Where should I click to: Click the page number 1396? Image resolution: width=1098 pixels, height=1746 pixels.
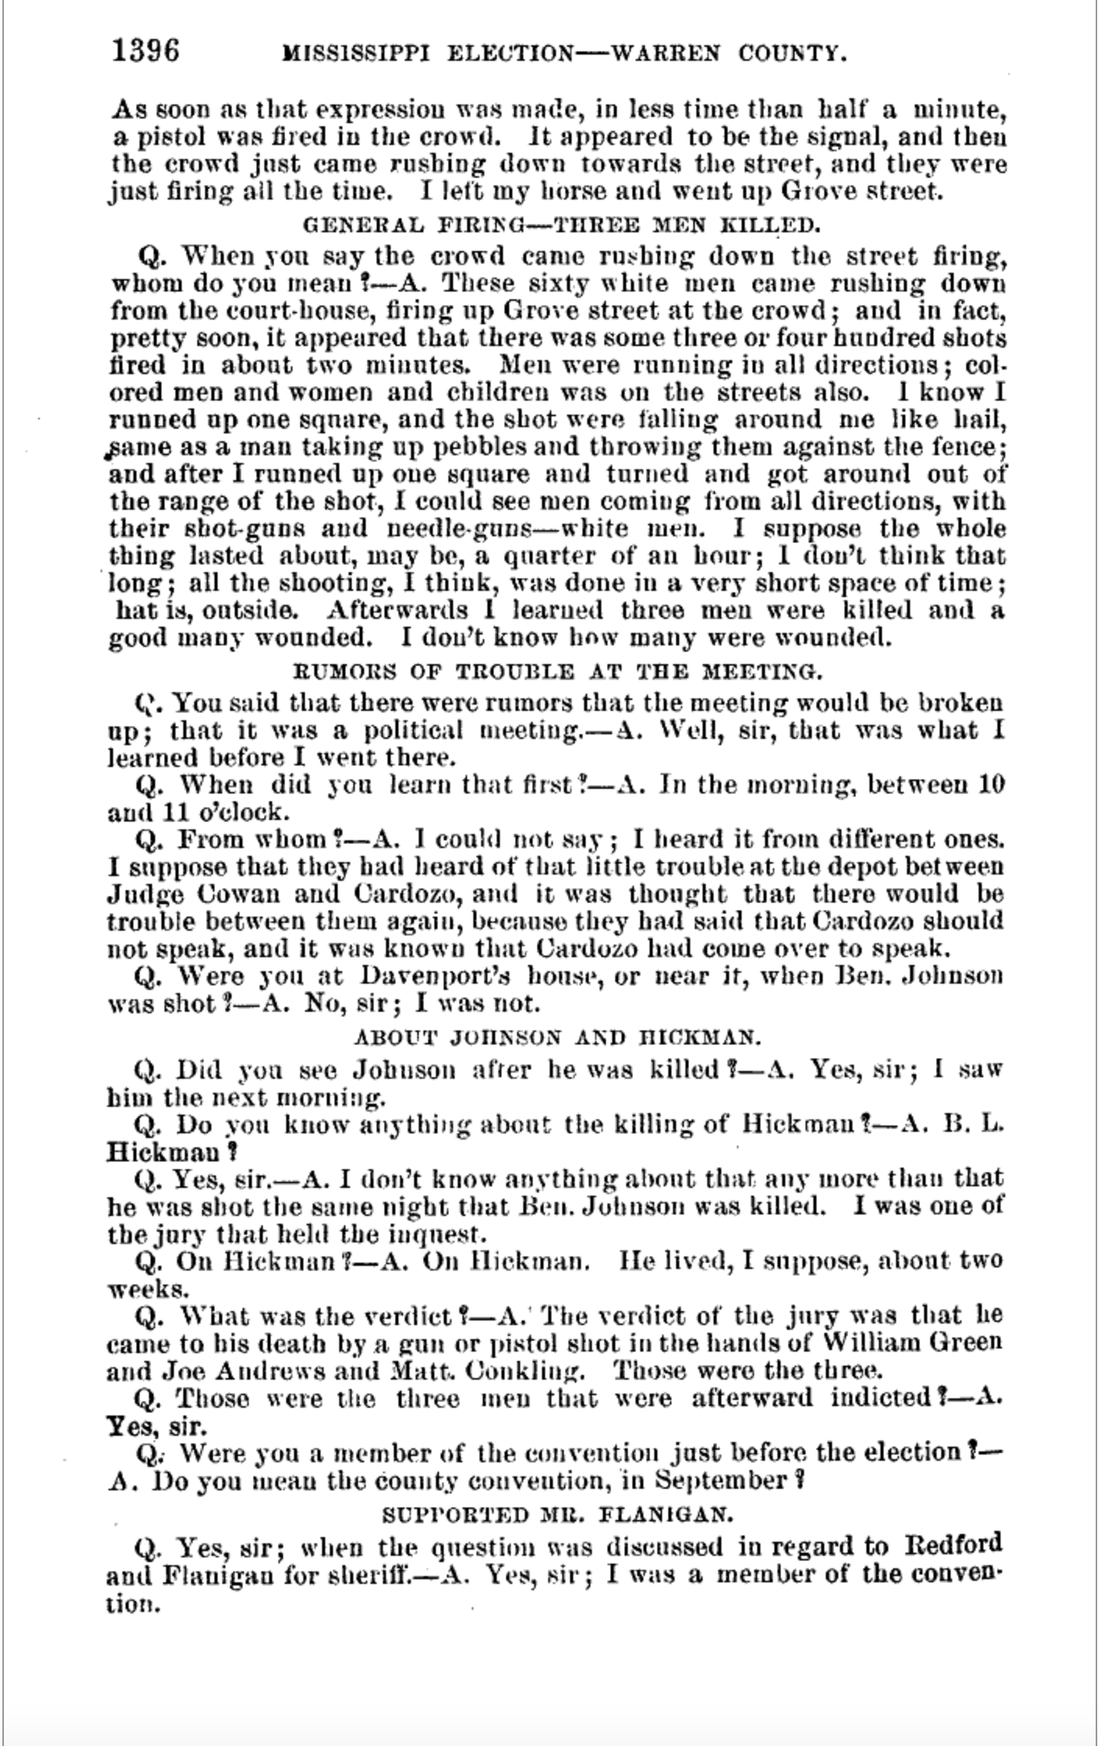pyautogui.click(x=146, y=51)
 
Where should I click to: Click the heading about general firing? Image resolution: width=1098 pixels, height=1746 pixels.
pyautogui.click(x=561, y=226)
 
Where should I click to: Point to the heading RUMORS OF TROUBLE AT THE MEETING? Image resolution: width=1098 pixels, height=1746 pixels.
pyautogui.click(x=557, y=671)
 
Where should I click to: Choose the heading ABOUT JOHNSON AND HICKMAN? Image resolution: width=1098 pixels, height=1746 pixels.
pyautogui.click(x=557, y=1037)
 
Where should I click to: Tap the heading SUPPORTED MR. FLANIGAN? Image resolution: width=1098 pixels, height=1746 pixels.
pyautogui.click(x=557, y=1515)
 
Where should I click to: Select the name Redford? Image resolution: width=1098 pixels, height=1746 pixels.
pyautogui.click(x=953, y=1545)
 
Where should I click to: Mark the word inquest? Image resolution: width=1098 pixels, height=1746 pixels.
pyautogui.click(x=445, y=1235)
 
